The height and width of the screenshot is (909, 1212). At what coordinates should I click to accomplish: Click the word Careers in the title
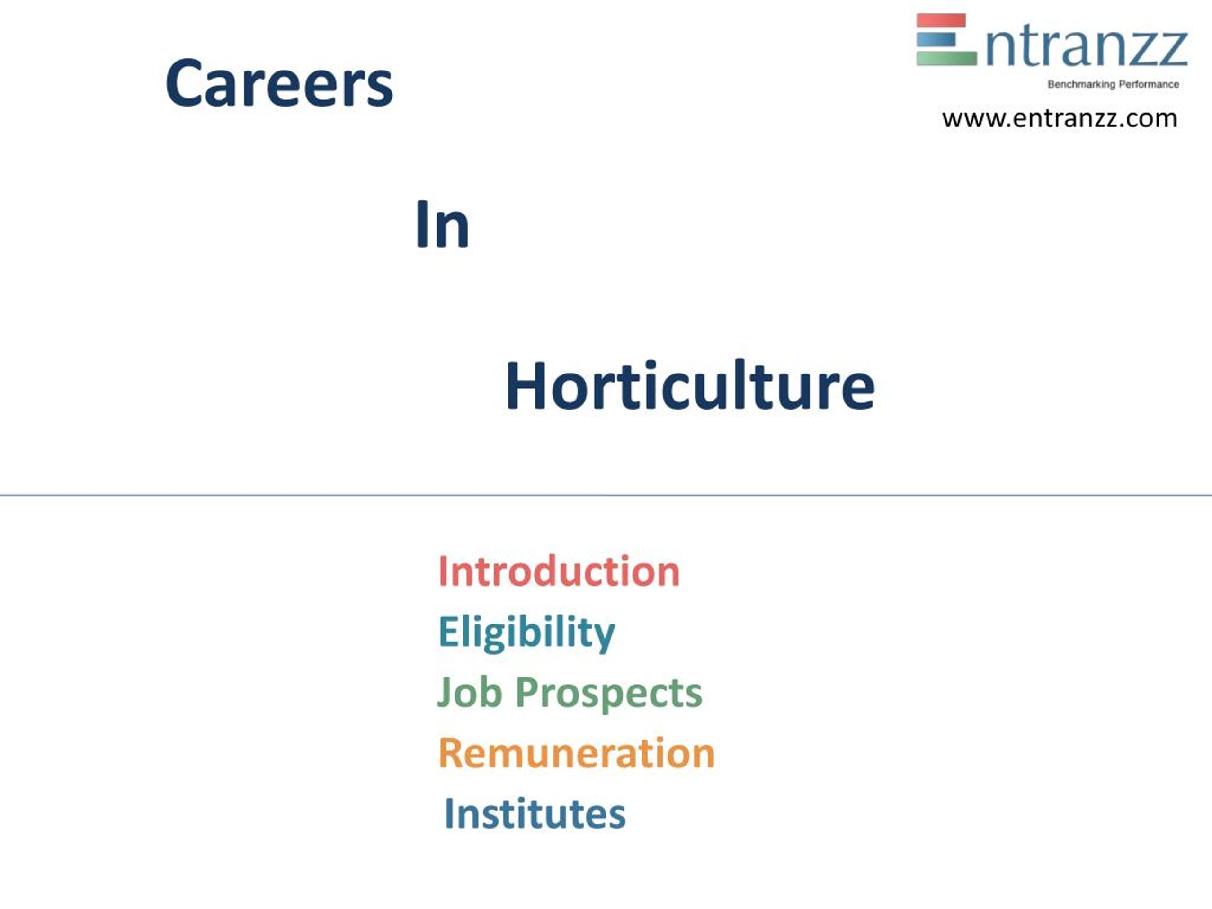click(279, 84)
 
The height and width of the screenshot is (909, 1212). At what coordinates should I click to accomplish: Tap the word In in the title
click(442, 225)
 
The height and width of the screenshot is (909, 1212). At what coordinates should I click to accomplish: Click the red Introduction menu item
click(558, 572)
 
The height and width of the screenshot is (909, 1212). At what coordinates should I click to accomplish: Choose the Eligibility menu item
click(526, 633)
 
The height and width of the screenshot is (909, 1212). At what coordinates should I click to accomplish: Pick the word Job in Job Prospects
click(469, 693)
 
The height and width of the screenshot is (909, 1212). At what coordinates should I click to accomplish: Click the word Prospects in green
click(608, 694)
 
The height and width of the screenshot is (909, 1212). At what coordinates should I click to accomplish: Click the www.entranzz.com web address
click(1059, 119)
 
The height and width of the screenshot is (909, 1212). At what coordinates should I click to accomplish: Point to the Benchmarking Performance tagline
click(1113, 84)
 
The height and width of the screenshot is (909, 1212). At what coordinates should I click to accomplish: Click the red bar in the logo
click(941, 21)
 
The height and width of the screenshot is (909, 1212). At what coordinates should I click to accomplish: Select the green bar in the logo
click(946, 58)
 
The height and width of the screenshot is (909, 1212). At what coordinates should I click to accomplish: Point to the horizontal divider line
click(606, 495)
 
